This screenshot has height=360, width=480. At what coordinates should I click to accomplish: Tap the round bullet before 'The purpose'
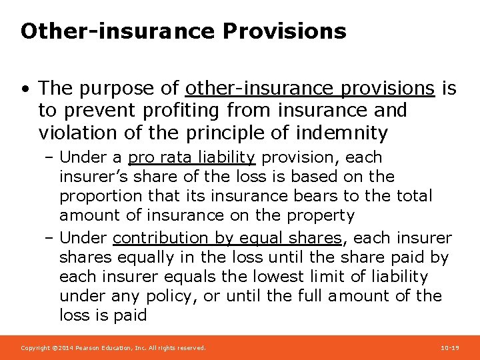25,89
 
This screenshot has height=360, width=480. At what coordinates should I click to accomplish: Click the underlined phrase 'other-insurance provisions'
310,88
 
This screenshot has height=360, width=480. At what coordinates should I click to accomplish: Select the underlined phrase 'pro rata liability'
191,157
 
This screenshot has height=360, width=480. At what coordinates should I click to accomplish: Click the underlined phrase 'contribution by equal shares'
227,238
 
